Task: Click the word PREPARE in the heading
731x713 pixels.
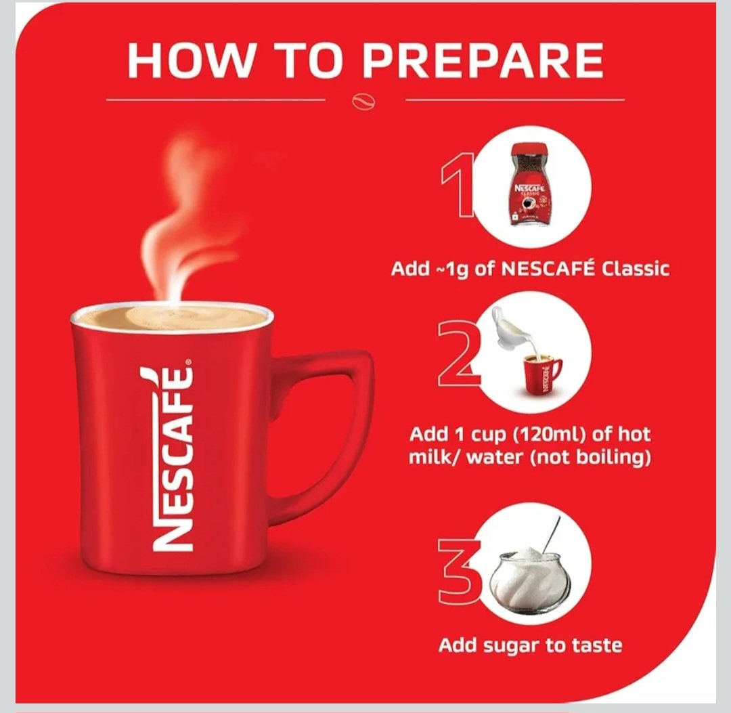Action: click(x=483, y=60)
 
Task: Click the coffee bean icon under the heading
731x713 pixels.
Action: click(x=363, y=102)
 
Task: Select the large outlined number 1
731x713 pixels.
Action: click(x=458, y=185)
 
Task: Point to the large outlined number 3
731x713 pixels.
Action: click(x=459, y=570)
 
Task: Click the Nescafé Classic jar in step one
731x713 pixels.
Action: click(x=529, y=184)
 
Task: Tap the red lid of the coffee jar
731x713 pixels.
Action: click(x=529, y=150)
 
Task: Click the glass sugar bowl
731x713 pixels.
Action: click(x=529, y=580)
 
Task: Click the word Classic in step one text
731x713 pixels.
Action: click(x=635, y=269)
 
